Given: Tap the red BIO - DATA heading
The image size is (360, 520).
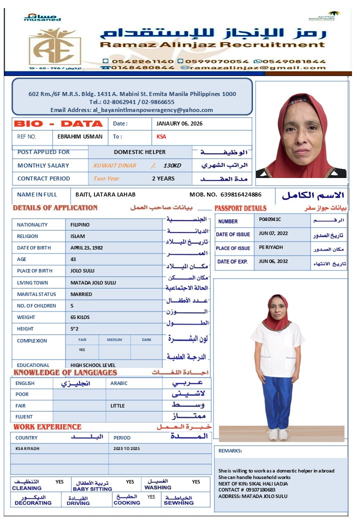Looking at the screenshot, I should (x=58, y=123).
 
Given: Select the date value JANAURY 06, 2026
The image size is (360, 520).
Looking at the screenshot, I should (x=179, y=123).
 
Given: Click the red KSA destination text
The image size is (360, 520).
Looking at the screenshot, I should (x=161, y=136).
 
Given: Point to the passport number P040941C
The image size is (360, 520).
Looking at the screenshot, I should (x=270, y=219).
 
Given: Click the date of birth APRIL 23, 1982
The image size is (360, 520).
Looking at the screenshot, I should (x=87, y=247).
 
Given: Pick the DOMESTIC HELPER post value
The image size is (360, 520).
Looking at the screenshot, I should (x=139, y=152).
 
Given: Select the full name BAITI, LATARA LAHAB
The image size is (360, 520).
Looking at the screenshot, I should (x=105, y=194).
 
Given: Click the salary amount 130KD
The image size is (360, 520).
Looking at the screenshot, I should (x=172, y=165).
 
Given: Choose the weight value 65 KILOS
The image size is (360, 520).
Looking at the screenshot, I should (x=81, y=317).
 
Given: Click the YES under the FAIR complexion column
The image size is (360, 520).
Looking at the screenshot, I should (x=82, y=350).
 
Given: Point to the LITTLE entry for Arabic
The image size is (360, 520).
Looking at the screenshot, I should (x=117, y=405).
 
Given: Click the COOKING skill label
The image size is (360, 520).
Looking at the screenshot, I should (x=127, y=502).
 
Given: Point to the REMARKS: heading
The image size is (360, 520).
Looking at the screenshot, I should (x=230, y=450).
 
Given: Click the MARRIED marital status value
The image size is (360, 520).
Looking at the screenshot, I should (x=81, y=294).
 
